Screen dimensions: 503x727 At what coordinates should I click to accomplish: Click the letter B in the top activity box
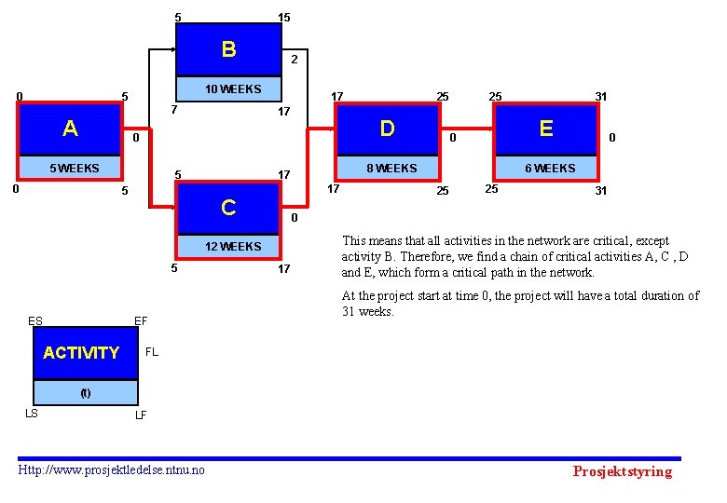(228, 48)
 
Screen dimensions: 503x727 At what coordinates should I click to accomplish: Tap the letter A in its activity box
(70, 129)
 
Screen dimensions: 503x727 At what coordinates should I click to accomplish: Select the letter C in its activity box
(228, 207)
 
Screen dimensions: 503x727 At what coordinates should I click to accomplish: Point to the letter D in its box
(387, 129)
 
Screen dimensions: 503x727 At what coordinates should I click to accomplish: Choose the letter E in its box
(546, 129)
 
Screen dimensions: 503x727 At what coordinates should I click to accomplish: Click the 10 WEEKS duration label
(233, 89)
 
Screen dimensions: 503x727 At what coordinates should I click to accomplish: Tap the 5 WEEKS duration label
(74, 169)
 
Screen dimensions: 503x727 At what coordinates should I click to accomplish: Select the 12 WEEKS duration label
(233, 247)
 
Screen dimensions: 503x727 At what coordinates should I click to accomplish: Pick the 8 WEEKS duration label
(391, 169)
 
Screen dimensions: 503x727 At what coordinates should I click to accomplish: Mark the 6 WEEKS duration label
(550, 169)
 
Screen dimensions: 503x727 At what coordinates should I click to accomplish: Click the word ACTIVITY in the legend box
(81, 353)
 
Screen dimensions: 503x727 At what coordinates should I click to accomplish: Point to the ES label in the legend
(35, 321)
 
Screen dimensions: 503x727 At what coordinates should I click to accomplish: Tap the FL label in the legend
(152, 353)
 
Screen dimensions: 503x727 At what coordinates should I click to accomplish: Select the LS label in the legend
(31, 414)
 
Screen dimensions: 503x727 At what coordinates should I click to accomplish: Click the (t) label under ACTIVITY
(85, 393)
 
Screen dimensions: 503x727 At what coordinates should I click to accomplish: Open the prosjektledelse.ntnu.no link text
(112, 469)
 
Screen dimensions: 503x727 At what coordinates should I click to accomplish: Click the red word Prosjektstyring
(622, 471)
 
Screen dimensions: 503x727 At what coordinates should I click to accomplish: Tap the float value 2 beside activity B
(294, 59)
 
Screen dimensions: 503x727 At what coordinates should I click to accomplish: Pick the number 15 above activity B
(284, 18)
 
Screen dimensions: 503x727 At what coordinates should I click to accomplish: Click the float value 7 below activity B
(173, 110)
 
